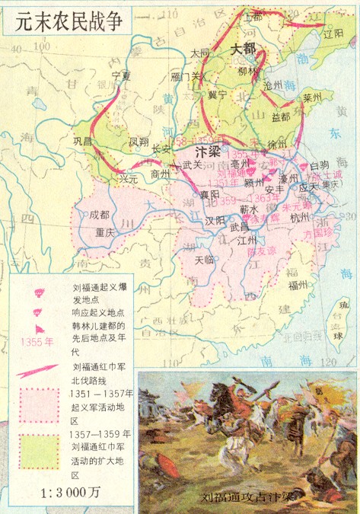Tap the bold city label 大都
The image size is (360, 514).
243,48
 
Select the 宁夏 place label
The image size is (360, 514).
122,76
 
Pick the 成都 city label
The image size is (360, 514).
100,215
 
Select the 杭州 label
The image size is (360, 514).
300,218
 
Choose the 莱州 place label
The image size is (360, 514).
313,98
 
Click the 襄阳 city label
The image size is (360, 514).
210,195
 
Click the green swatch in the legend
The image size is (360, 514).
39,452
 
